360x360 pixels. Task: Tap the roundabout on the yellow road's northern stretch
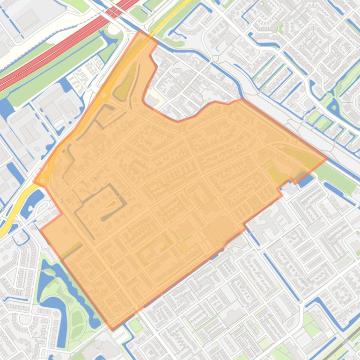point(103,95)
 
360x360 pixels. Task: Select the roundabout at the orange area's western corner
point(42,180)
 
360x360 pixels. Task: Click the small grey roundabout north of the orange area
point(215,58)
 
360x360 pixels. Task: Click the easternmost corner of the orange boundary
point(327,158)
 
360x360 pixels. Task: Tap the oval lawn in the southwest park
point(77,320)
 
